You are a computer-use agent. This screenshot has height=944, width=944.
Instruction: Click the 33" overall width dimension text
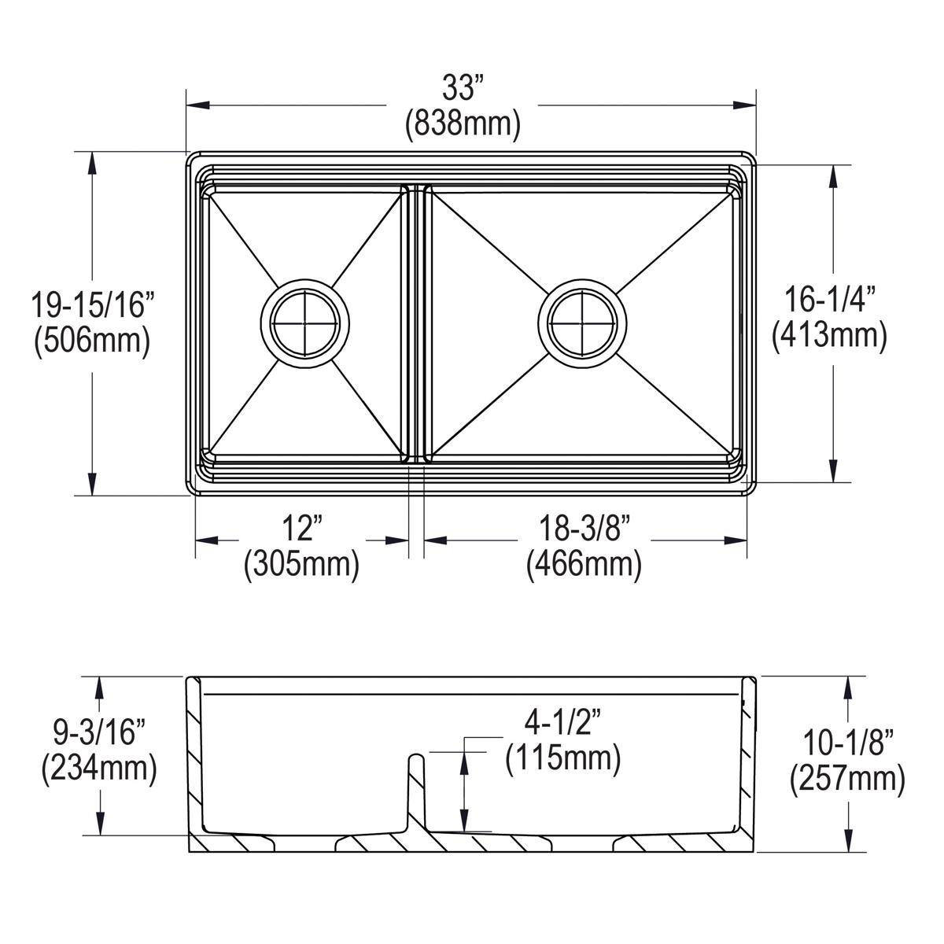click(x=462, y=88)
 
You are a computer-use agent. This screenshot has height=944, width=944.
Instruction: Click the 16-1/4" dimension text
click(x=829, y=300)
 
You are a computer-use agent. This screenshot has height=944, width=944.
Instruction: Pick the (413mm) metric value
click(x=829, y=336)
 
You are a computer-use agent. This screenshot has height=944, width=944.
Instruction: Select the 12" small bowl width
click(x=302, y=528)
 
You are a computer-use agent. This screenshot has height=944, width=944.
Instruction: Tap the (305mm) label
click(x=302, y=564)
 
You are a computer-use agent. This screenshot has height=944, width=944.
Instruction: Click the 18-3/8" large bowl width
click(x=584, y=528)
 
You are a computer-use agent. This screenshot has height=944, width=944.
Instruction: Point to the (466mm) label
click(x=584, y=564)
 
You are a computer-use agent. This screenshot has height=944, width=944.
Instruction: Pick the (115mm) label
click(x=563, y=758)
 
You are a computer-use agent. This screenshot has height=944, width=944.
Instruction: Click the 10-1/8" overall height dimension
click(x=846, y=742)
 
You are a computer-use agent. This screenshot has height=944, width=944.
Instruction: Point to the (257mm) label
click(x=846, y=779)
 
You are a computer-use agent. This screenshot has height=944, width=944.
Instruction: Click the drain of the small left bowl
click(x=302, y=323)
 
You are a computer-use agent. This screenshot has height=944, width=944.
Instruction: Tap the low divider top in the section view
click(x=416, y=758)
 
